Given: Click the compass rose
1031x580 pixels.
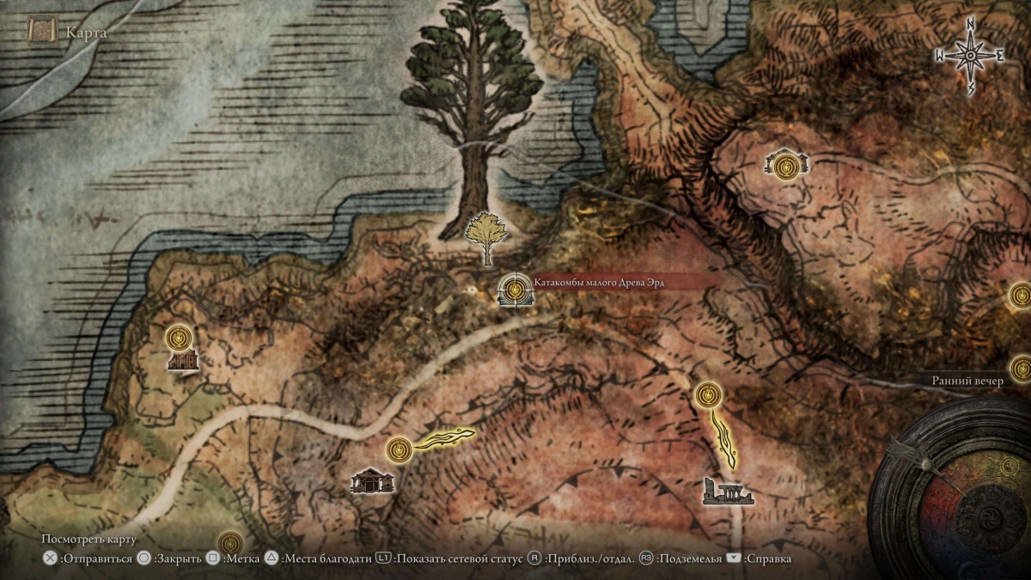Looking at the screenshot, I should [x=970, y=56].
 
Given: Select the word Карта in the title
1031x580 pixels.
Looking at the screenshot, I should [x=86, y=34].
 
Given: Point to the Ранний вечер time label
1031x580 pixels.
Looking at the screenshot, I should [x=967, y=382].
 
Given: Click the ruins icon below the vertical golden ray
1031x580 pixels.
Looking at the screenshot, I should [x=728, y=491].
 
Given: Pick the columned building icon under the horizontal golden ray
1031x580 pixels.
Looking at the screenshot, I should [x=372, y=481].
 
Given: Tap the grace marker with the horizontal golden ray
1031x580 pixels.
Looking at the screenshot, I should [x=399, y=449].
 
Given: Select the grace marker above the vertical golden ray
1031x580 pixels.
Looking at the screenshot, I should [x=708, y=394].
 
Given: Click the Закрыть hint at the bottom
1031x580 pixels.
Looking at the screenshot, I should [x=177, y=559].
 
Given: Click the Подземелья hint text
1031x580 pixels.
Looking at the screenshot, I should [x=689, y=559].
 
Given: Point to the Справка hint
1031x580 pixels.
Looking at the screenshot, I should [x=768, y=559].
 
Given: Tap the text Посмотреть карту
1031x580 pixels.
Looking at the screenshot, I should [x=89, y=539].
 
